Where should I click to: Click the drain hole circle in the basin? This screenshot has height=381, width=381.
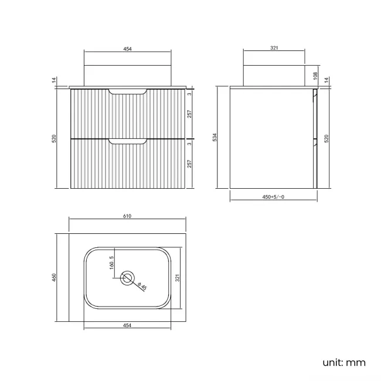pyautogui.click(x=127, y=278)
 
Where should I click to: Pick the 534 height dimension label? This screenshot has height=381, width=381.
pyautogui.click(x=215, y=138)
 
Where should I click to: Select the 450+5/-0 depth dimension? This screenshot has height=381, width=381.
pyautogui.click(x=273, y=198)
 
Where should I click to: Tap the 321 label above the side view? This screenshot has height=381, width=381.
pyautogui.click(x=274, y=49)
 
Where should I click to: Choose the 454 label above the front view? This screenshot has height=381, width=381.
pyautogui.click(x=127, y=49)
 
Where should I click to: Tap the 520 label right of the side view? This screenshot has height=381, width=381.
pyautogui.click(x=327, y=138)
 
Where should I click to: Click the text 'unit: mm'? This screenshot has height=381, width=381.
pyautogui.click(x=343, y=363)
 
